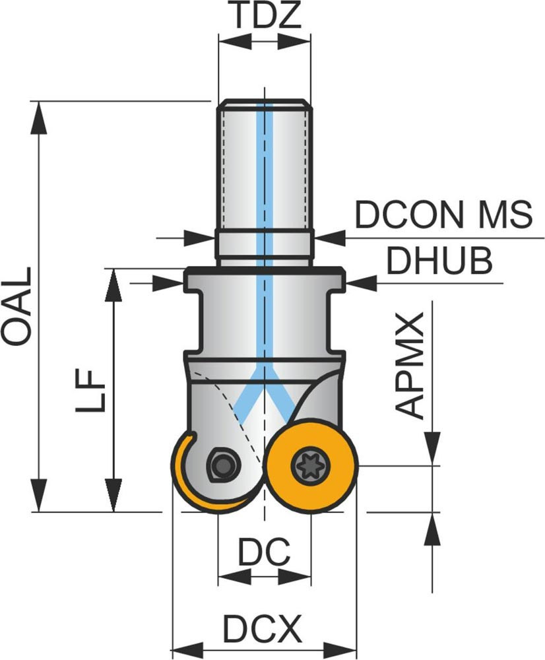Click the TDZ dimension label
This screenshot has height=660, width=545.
[x=263, y=16]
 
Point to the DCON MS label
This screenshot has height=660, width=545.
[x=443, y=214]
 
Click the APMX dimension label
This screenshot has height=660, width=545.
[x=412, y=366]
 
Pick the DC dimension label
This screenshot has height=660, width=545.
[x=264, y=552]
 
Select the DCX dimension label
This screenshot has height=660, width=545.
[x=263, y=629]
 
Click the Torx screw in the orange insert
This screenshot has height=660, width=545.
[x=311, y=466]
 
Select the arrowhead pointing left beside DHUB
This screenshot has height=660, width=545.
[x=360, y=283]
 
